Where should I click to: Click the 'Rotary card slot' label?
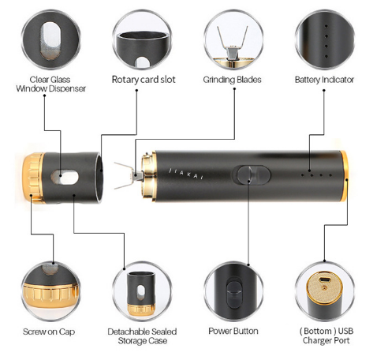(x=144, y=80)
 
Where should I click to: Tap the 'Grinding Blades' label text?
(x=232, y=80)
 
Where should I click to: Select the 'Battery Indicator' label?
(x=324, y=80)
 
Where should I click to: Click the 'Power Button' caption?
(x=233, y=331)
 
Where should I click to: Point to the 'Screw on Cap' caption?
(x=49, y=332)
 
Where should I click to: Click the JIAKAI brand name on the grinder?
(x=186, y=174)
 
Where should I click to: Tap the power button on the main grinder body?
(x=251, y=175)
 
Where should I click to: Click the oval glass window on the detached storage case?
(x=65, y=177)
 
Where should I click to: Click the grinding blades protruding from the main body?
(x=128, y=176)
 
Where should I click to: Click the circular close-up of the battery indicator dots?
(x=325, y=39)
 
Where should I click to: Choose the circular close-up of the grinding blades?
(x=233, y=39)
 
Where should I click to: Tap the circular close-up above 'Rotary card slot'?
(x=142, y=39)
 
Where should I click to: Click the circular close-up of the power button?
(x=233, y=291)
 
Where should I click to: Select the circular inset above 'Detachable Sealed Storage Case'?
(x=142, y=291)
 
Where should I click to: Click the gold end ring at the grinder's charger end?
(x=344, y=176)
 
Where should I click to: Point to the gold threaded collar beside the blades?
(x=148, y=176)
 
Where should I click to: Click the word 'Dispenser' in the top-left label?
(x=68, y=88)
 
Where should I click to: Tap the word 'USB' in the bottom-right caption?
(x=345, y=331)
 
